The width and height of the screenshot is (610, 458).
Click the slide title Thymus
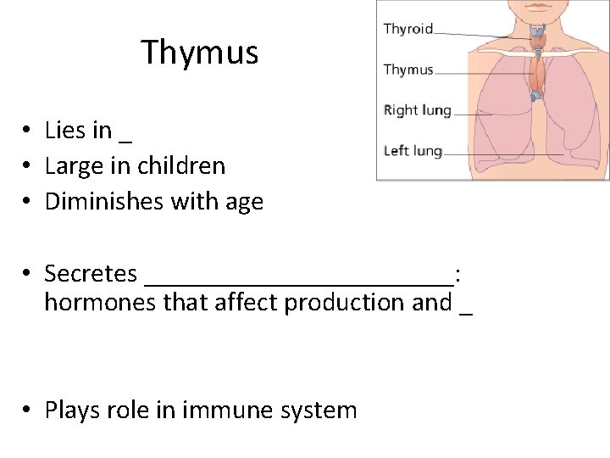[x=199, y=53]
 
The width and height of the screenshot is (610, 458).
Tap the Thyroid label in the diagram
[x=408, y=29]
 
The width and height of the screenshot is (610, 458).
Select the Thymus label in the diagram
[x=408, y=70]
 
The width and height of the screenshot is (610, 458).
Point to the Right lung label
[x=418, y=110]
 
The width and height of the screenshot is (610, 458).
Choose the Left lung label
[x=413, y=151]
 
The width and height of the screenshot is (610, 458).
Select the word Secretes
[x=91, y=274]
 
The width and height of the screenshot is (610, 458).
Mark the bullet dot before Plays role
[x=28, y=411]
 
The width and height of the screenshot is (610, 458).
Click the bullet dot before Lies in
[x=28, y=131]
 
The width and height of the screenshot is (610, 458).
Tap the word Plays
[x=70, y=411]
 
